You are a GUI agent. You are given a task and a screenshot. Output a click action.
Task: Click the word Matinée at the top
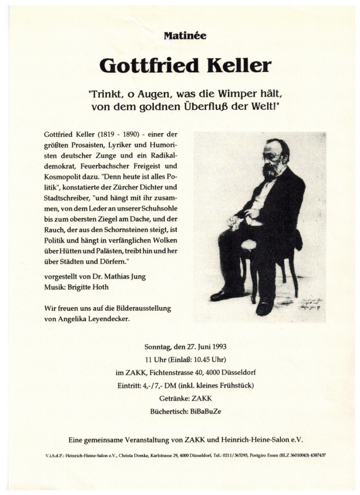pos(180,35)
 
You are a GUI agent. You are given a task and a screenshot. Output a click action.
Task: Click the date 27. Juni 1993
pos(203,347)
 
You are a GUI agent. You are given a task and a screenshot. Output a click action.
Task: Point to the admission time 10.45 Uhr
pos(207,360)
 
